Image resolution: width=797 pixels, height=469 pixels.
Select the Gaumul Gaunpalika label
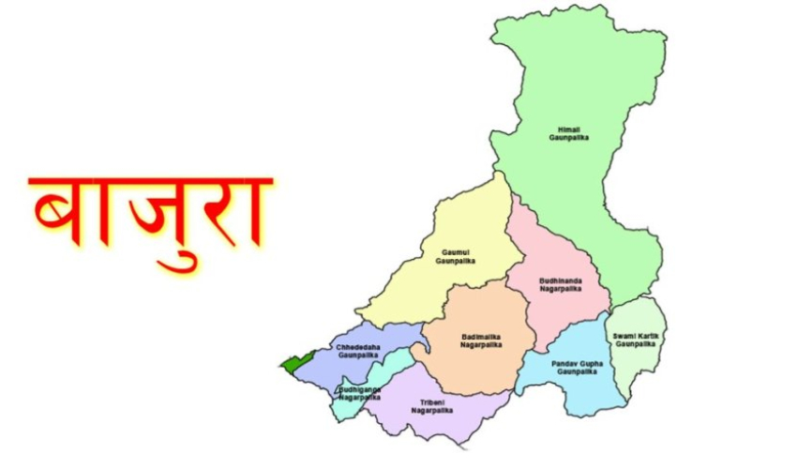(456, 256)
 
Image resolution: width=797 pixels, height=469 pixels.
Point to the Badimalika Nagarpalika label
(482, 340)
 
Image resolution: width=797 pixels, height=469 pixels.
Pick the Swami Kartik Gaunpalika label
(634, 340)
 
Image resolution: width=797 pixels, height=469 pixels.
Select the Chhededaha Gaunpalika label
(357, 352)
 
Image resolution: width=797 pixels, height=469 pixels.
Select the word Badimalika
(482, 336)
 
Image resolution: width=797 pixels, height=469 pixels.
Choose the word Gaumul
(456, 251)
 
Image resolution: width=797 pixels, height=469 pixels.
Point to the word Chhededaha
(357, 347)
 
